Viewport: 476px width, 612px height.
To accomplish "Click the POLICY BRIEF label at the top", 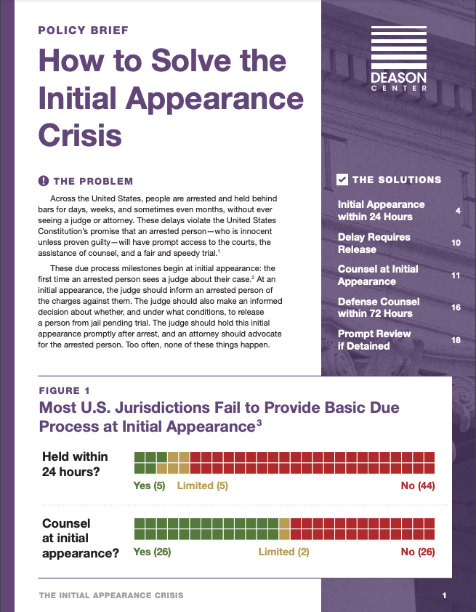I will click(x=83, y=31).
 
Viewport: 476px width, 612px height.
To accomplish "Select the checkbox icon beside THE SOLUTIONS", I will click(x=342, y=180).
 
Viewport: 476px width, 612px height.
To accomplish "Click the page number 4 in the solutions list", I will click(x=458, y=211).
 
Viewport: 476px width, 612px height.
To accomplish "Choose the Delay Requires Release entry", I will click(x=374, y=243).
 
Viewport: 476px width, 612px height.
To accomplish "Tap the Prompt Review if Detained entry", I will click(x=374, y=339).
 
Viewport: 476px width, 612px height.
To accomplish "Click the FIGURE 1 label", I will click(x=70, y=390).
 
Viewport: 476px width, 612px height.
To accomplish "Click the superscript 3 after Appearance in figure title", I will click(x=259, y=422).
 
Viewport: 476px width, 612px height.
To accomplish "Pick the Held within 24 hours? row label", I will click(x=75, y=464).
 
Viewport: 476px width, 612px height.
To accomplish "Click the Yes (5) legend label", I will click(x=150, y=486).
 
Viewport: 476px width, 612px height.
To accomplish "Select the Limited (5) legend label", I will click(x=203, y=486).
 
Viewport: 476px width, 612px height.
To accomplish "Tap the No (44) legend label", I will click(x=417, y=486).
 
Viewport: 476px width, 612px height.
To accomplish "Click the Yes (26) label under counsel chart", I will click(x=152, y=552).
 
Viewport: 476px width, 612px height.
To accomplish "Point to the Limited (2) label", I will click(x=283, y=552).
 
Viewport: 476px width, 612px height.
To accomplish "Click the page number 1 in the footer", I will click(x=444, y=596).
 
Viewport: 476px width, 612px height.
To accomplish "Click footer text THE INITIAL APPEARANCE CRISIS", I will click(x=111, y=596).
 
